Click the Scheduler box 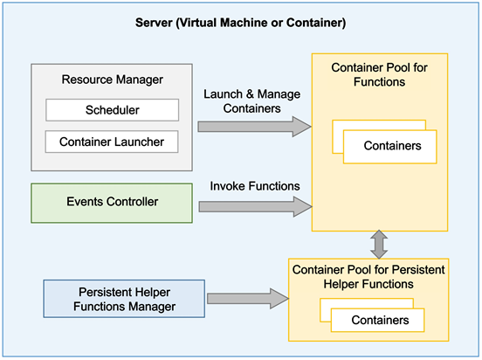112,110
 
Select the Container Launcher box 112,141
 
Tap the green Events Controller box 112,202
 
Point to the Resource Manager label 112,80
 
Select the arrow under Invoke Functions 253,206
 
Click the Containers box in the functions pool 390,146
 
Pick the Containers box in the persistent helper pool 379,320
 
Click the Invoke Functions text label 253,186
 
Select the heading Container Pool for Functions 380,74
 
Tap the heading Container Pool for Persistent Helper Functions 380,277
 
